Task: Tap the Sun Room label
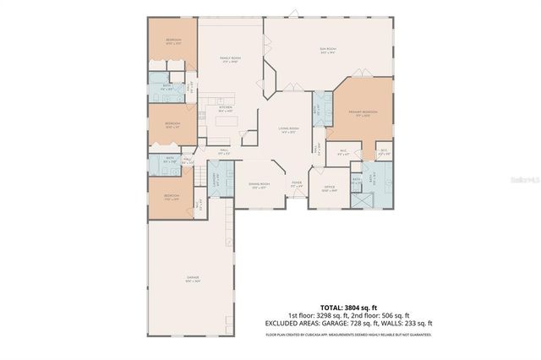(329, 52)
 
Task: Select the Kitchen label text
(226, 109)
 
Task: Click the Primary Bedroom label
(359, 113)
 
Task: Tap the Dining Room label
(258, 185)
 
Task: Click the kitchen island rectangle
(226, 121)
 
